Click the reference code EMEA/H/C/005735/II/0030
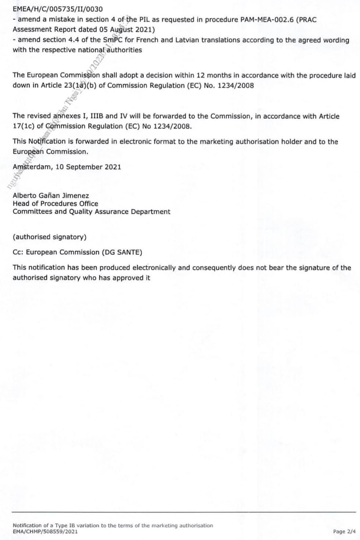coord(58,9)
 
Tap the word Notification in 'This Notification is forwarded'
coord(47,142)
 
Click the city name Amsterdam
coord(32,167)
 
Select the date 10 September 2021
coord(88,167)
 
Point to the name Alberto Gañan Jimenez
coord(51,196)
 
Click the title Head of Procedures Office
coord(55,203)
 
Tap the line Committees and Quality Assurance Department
coord(91,212)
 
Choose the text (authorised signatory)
coord(49,237)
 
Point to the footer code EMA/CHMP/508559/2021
coord(45,531)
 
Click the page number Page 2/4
coord(344,531)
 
